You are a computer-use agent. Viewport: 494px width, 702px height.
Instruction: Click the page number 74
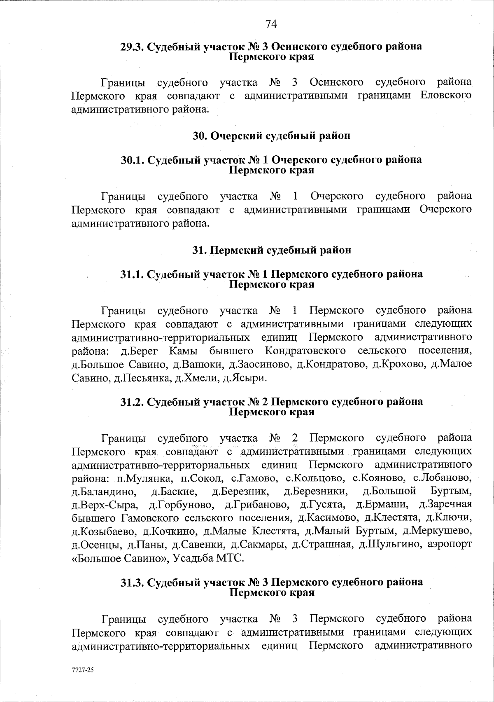pyautogui.click(x=271, y=24)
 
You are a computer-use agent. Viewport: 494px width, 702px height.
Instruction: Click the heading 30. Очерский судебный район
pyautogui.click(x=272, y=136)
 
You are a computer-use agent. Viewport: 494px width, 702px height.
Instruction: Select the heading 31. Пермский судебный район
pyautogui.click(x=272, y=250)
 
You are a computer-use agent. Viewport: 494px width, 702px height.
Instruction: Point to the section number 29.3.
pyautogui.click(x=132, y=46)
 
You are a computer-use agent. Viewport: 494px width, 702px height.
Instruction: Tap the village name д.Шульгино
pyautogui.click(x=389, y=545)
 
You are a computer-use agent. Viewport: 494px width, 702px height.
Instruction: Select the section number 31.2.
pyautogui.click(x=132, y=402)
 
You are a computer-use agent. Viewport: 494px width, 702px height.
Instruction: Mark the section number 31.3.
pyautogui.click(x=132, y=582)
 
